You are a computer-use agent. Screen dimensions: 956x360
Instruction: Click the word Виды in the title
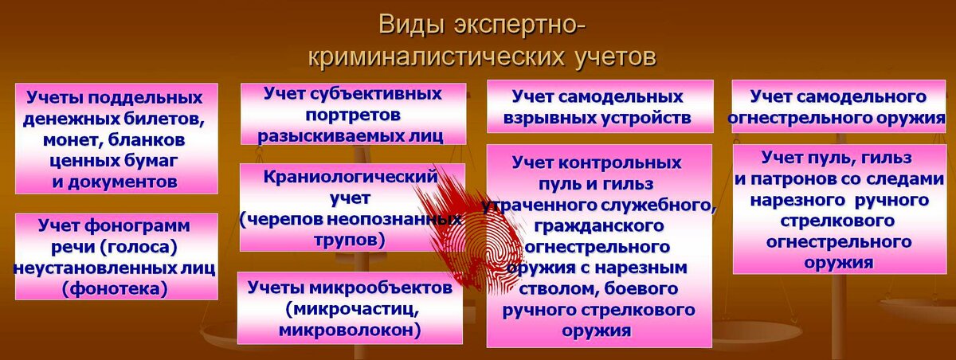[410, 25]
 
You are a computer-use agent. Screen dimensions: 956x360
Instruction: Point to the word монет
[72, 140]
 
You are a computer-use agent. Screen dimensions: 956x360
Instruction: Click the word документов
[122, 182]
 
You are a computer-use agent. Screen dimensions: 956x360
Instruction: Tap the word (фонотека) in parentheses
[115, 289]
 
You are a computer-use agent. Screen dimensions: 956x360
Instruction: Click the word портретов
[353, 115]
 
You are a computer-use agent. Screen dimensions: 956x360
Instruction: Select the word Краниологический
[350, 177]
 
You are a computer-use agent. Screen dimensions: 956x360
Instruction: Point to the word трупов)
[350, 241]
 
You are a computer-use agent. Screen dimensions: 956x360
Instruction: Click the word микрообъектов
[380, 288]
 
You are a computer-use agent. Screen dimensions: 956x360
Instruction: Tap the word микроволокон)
[350, 331]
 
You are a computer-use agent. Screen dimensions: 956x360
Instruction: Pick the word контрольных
[620, 163]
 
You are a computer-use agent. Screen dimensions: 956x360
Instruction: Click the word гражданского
[599, 226]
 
